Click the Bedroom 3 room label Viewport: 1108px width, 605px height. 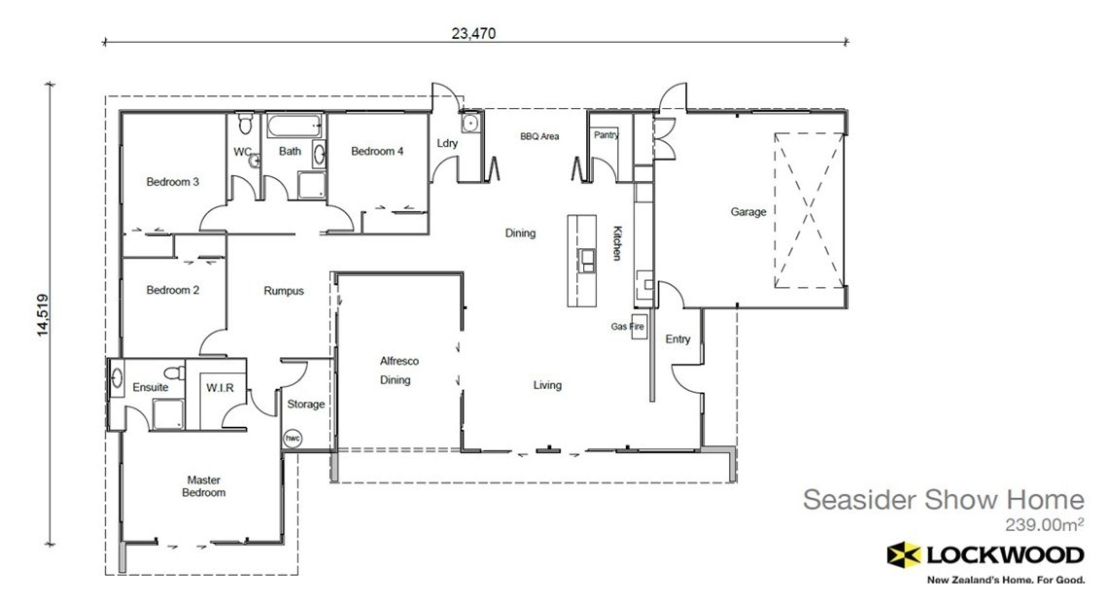[173, 181]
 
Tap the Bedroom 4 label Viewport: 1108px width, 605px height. [377, 151]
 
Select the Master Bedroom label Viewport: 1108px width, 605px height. [205, 485]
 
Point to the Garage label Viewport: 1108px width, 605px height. [748, 211]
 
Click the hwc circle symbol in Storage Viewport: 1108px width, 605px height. [293, 439]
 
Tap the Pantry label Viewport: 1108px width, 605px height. [606, 135]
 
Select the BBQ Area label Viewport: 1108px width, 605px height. [539, 136]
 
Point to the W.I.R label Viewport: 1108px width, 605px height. [219, 387]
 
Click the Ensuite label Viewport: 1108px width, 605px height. [151, 387]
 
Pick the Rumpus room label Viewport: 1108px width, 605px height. [284, 290]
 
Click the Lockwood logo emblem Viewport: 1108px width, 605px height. [905, 554]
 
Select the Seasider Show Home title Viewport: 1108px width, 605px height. [942, 500]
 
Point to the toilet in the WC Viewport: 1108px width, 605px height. [246, 124]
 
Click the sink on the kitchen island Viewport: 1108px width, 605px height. [587, 258]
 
